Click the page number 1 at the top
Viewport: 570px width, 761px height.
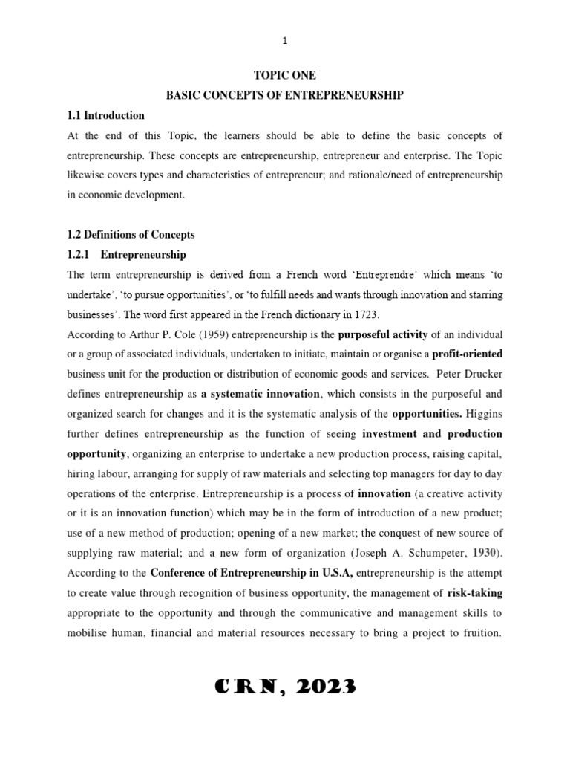[x=285, y=41]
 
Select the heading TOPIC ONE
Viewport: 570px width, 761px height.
[x=285, y=75]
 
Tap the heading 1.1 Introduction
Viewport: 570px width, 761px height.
[x=105, y=115]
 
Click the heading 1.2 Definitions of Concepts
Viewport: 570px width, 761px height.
[x=131, y=235]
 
